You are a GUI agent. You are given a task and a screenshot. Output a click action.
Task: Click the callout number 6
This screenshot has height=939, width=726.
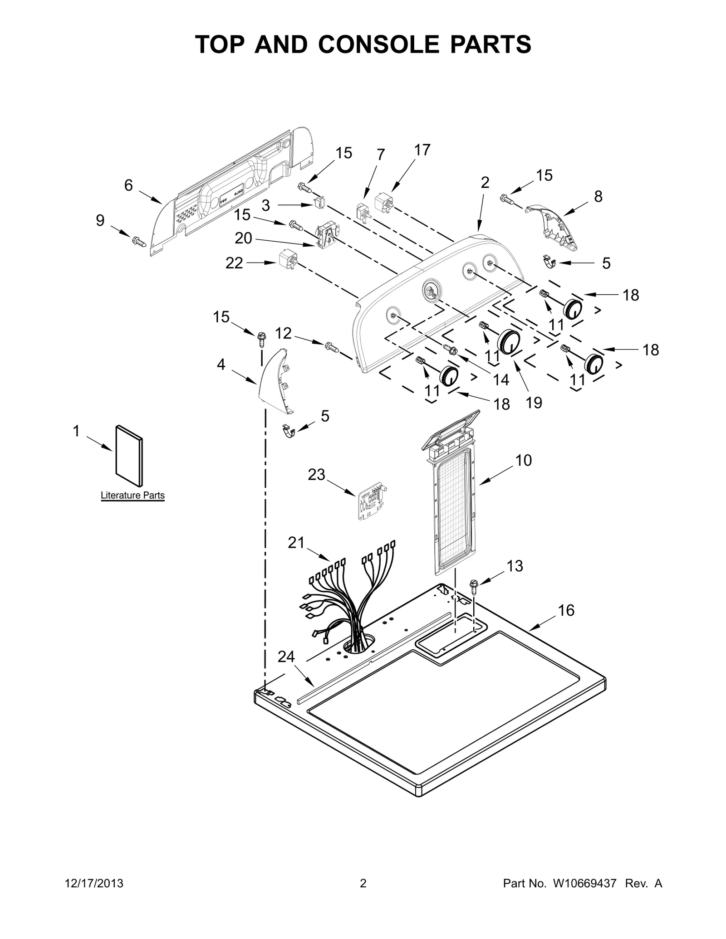[128, 185]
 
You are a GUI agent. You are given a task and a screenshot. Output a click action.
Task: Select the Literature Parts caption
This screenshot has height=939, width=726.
[132, 495]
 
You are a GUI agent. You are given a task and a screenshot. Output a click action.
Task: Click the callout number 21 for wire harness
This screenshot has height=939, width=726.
[296, 543]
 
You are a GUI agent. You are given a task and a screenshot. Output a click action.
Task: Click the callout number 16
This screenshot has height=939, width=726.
[566, 610]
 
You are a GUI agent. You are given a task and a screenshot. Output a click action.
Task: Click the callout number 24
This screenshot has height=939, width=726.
[286, 657]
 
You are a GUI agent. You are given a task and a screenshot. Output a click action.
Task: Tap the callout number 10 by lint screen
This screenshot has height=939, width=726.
[523, 460]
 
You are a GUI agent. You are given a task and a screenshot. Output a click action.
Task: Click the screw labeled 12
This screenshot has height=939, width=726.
[332, 348]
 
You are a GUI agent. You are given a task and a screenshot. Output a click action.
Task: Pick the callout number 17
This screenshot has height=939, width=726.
[422, 150]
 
